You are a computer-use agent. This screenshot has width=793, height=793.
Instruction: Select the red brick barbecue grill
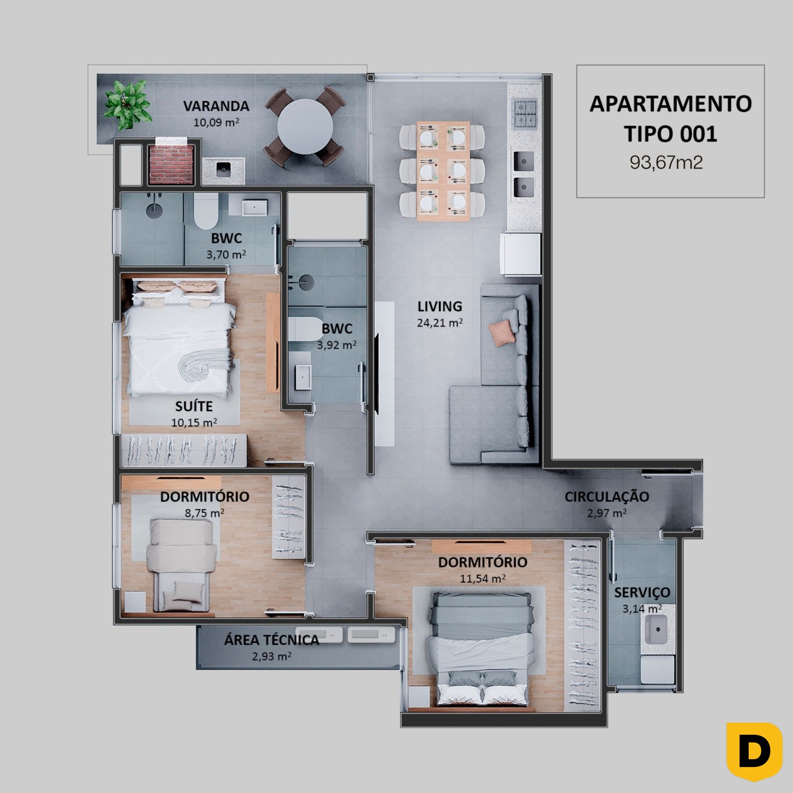click(x=171, y=163)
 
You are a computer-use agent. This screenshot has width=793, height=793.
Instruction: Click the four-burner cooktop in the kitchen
click(x=525, y=113)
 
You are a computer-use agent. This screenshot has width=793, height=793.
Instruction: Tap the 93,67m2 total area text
click(x=666, y=163)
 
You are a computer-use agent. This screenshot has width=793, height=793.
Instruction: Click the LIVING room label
click(x=440, y=306)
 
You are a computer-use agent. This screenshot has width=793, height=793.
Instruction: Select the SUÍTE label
click(x=194, y=406)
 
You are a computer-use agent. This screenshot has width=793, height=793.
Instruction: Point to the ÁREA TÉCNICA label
click(x=272, y=640)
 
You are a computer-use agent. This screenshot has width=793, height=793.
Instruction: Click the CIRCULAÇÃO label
click(x=607, y=497)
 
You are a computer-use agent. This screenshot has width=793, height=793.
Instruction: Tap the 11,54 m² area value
click(x=483, y=579)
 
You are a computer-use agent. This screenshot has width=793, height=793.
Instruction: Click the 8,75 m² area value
click(x=204, y=513)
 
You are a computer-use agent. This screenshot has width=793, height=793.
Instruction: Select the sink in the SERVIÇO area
click(x=658, y=629)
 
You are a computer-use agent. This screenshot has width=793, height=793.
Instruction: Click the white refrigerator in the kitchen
click(x=520, y=254)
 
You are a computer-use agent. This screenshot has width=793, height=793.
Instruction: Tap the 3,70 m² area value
click(x=227, y=254)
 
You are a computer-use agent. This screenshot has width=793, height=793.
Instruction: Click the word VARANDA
click(x=216, y=106)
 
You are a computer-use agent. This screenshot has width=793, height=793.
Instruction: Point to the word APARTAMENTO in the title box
click(x=670, y=104)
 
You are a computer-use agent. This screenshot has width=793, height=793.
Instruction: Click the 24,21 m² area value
click(x=440, y=322)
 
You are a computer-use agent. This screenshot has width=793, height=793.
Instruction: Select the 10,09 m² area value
click(x=217, y=123)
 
